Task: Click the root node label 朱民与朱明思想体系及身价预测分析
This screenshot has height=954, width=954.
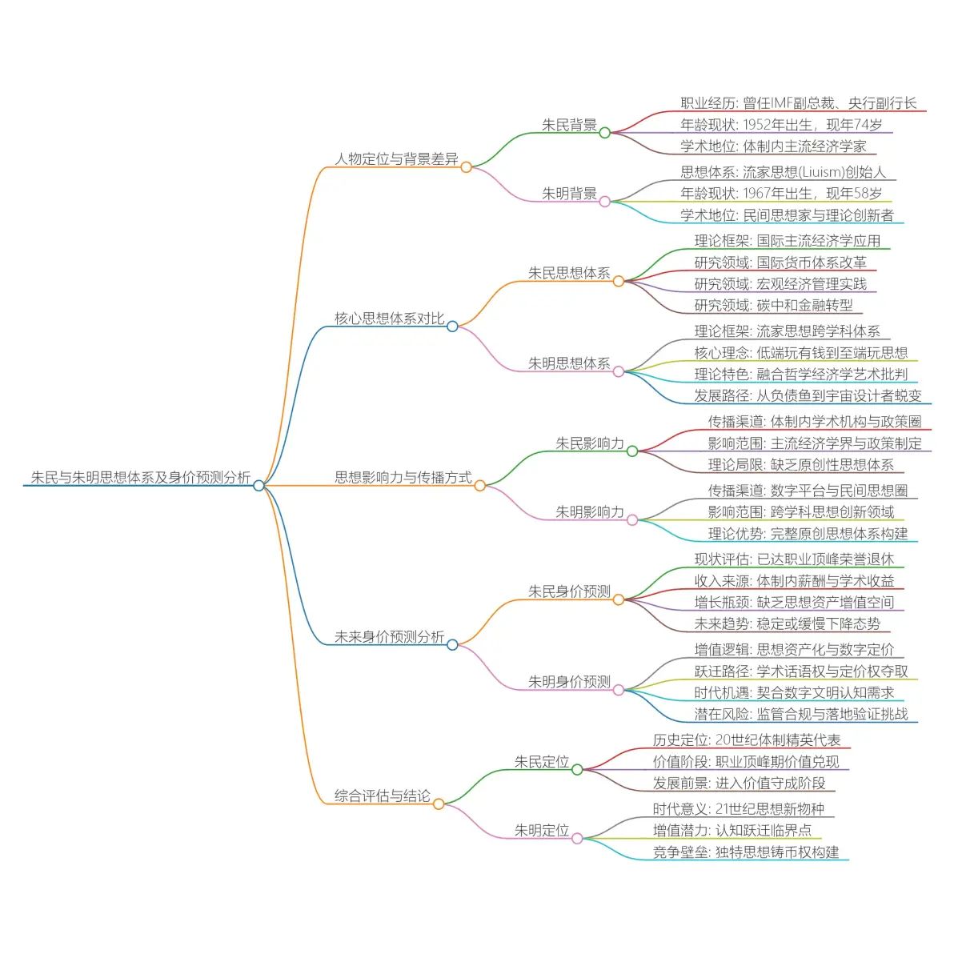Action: coord(140,478)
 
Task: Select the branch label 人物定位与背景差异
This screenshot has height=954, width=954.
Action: coord(396,159)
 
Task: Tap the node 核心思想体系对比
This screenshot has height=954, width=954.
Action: coord(389,319)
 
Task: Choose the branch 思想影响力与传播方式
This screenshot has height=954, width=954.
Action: coord(403,478)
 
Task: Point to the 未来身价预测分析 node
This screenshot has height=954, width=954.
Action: coord(389,637)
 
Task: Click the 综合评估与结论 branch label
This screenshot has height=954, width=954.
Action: coord(382,796)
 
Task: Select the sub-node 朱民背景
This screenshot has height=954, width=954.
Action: coord(569,125)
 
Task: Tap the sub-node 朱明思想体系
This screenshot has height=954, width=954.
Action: coord(569,363)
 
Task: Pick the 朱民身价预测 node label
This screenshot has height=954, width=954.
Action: coord(569,591)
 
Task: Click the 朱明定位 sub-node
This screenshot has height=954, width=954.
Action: coord(542,831)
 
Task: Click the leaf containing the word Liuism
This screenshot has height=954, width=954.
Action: coord(783,172)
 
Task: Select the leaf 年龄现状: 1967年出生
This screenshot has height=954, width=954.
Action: coord(781,194)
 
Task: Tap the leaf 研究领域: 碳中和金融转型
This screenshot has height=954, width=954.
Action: coord(773,305)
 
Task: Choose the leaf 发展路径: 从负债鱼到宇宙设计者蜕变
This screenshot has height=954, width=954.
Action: coord(808,395)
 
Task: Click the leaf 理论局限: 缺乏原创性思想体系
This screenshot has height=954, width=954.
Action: coord(800,465)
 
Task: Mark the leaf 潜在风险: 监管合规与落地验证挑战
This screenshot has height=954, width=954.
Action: coord(801,714)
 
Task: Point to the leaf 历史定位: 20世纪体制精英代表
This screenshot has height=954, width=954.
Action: coord(746,740)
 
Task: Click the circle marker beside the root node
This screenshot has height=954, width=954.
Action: coord(259,486)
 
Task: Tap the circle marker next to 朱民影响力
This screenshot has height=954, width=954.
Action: coord(632,451)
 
